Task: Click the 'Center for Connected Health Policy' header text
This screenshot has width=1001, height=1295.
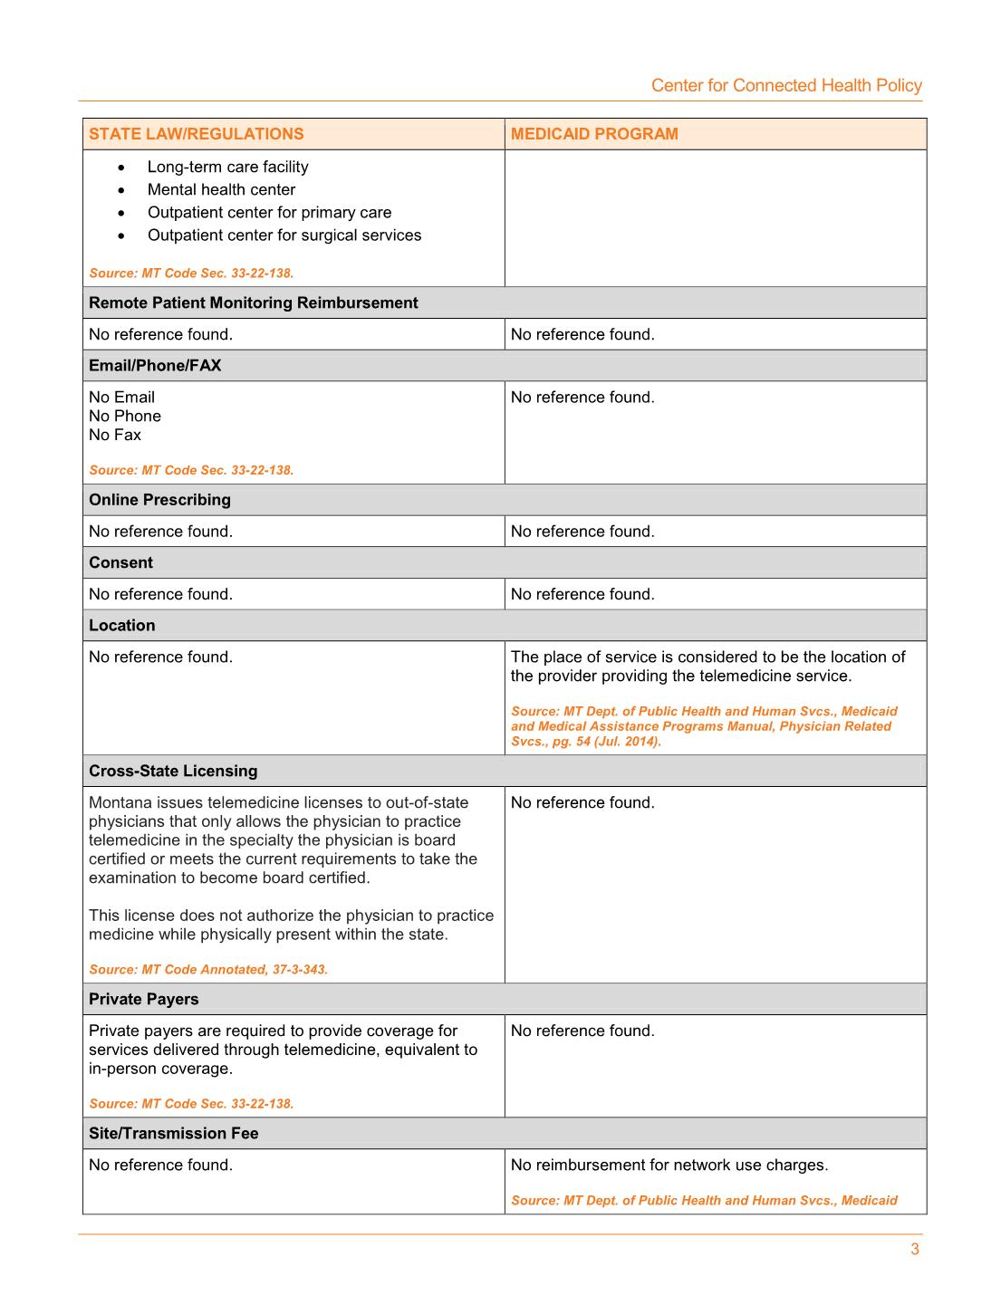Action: pos(786,85)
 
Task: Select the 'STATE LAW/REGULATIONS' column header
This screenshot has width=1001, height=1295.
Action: pos(197,134)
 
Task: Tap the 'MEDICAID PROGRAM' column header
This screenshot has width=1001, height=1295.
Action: pos(594,134)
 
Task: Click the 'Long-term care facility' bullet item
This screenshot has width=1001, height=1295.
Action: pos(227,167)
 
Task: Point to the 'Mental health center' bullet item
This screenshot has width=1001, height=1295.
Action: pos(221,189)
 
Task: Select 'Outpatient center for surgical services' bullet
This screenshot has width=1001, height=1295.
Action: pos(284,235)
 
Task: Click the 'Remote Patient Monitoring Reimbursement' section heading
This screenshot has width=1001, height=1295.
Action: pos(254,302)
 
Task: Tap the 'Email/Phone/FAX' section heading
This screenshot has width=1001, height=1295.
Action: pos(155,365)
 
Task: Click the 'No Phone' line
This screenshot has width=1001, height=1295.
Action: pos(125,416)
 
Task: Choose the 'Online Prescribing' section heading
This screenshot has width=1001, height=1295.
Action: pos(159,499)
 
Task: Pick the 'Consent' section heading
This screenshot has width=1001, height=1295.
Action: pos(120,562)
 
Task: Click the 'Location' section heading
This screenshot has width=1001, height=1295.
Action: pos(122,625)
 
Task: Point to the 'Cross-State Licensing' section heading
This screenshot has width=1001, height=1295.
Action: pos(173,771)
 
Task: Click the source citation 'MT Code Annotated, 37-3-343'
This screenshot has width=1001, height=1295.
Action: pos(208,969)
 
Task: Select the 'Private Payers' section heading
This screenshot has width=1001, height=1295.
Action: pos(143,999)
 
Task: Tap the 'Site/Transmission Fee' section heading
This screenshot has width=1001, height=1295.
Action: pos(173,1133)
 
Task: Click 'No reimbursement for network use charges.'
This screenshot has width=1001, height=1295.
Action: pos(669,1165)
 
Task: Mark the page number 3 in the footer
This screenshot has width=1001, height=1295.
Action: pos(915,1250)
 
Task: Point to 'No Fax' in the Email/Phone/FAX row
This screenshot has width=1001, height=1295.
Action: pos(115,435)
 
